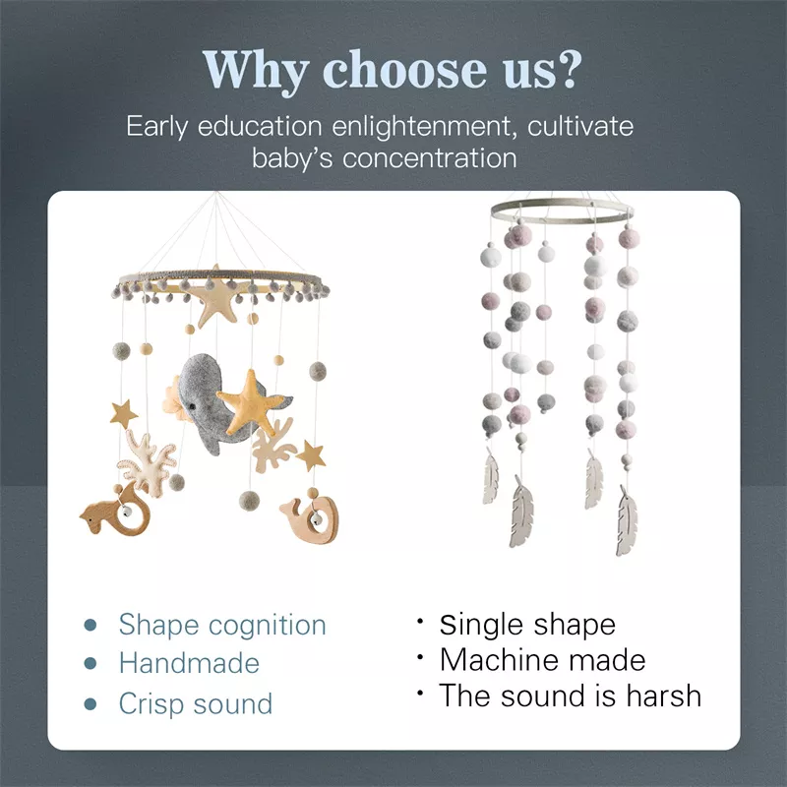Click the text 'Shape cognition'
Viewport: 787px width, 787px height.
click(x=222, y=625)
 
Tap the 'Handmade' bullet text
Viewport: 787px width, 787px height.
click(x=189, y=664)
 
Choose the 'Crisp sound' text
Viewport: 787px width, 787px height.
click(x=195, y=704)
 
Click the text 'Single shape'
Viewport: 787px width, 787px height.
click(x=527, y=625)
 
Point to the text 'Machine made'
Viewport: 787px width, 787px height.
click(x=542, y=660)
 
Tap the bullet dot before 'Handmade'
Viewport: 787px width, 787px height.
click(x=91, y=664)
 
